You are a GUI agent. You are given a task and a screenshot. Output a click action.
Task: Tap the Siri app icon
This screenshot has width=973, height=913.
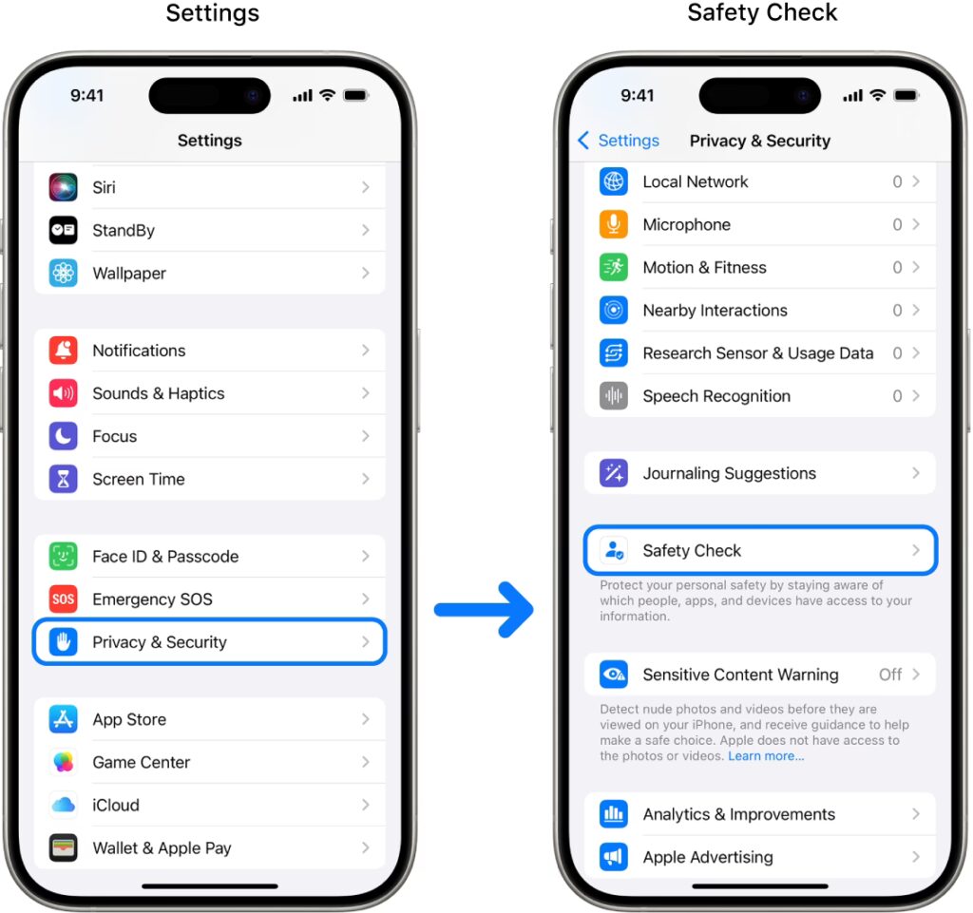(64, 187)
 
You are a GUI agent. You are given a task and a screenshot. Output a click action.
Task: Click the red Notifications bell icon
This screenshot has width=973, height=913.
(64, 351)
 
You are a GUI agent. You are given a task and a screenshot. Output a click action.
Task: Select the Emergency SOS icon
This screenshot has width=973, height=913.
(64, 599)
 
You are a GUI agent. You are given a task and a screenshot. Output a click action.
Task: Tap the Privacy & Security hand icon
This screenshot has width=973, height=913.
(64, 642)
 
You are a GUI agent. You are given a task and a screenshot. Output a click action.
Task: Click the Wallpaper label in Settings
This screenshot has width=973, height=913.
(129, 274)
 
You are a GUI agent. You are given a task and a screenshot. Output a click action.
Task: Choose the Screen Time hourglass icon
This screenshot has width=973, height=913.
(64, 480)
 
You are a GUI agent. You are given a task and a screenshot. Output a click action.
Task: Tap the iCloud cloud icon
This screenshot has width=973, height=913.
(64, 805)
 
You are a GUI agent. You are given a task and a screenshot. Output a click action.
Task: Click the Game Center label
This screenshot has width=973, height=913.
(142, 762)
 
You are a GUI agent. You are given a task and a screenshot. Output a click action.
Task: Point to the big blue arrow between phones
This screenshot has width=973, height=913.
(484, 610)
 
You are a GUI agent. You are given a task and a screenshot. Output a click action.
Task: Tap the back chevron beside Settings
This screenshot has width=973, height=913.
(583, 141)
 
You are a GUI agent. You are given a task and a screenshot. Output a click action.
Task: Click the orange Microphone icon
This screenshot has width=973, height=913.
(614, 224)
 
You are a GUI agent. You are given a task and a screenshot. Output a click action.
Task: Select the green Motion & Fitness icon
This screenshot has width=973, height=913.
(614, 267)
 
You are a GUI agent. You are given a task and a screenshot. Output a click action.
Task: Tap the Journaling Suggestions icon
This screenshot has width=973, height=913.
(614, 473)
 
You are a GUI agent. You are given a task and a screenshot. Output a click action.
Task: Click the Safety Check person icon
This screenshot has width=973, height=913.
(614, 550)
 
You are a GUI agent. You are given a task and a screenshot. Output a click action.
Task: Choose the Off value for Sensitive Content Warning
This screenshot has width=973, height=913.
(890, 675)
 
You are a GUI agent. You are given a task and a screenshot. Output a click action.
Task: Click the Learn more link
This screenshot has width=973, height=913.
(766, 756)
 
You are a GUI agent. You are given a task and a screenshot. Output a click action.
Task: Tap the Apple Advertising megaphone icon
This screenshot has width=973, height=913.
(614, 857)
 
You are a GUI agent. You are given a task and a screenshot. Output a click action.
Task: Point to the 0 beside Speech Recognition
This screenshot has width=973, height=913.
(897, 396)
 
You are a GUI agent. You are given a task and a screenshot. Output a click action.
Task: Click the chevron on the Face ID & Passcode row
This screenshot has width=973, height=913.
(366, 557)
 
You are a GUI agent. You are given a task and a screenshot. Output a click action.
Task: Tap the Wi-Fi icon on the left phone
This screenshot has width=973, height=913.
(327, 95)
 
